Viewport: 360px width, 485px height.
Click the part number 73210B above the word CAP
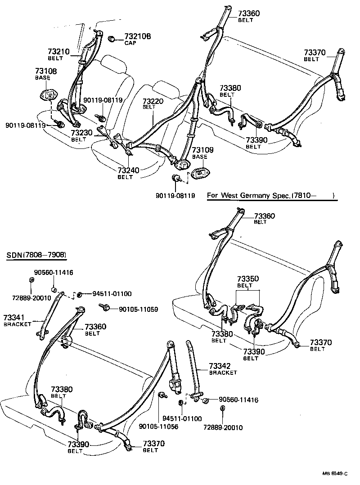(138, 36)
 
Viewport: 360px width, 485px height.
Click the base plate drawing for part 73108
(49, 94)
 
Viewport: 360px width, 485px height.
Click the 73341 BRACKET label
(17, 320)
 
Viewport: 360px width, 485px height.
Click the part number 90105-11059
(138, 310)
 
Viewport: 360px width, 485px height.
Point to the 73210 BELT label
(59, 54)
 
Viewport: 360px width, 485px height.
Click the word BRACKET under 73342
(223, 373)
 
